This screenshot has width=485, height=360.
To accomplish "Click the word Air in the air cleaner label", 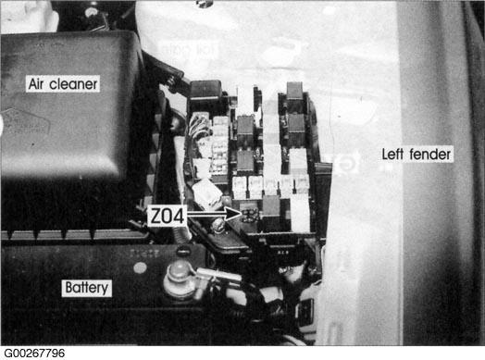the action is pos(36,84).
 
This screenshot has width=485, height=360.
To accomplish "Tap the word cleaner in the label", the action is pos(73,84).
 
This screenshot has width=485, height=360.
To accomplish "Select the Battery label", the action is pos(87,288).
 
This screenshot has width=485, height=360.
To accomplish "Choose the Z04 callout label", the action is pos(167,216).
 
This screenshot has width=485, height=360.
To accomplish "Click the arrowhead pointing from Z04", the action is pos(233,214).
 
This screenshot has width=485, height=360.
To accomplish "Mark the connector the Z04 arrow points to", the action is pos(250,215).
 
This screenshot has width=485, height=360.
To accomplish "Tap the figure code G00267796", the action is pos(34,354).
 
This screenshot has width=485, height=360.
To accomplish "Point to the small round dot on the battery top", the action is pos(140,267).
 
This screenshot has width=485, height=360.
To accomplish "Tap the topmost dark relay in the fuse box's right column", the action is pos(294,91).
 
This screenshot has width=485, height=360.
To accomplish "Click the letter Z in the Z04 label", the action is pos(155,216).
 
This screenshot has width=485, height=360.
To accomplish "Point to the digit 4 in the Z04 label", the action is pos(179,216).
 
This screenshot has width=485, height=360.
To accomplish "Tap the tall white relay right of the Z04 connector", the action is pos(300,215).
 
